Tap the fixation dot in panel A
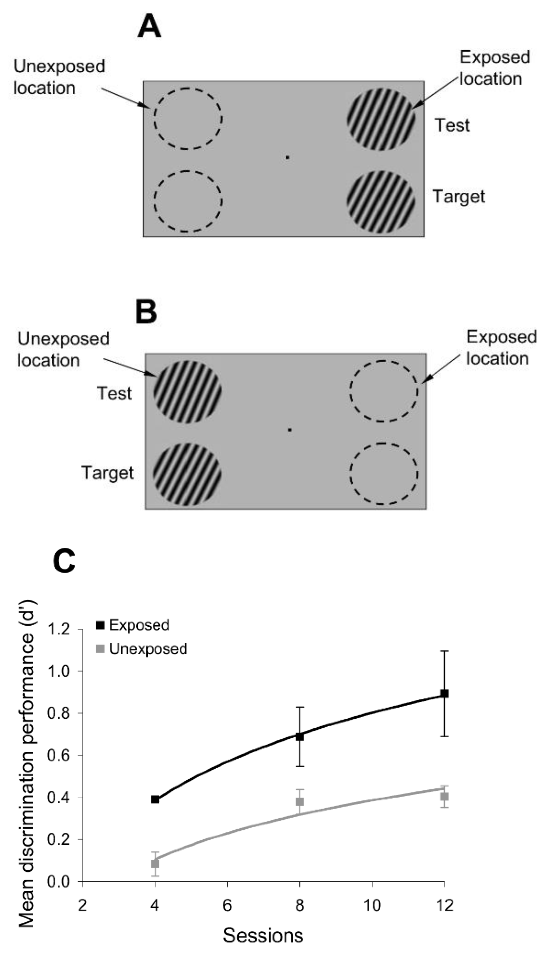[x=287, y=157]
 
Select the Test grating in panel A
[x=381, y=119]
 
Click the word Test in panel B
[x=114, y=393]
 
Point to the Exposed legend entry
[x=133, y=625]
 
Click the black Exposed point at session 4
[x=155, y=800]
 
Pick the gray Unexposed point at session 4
[x=155, y=863]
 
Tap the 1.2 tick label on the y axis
[x=59, y=629]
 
